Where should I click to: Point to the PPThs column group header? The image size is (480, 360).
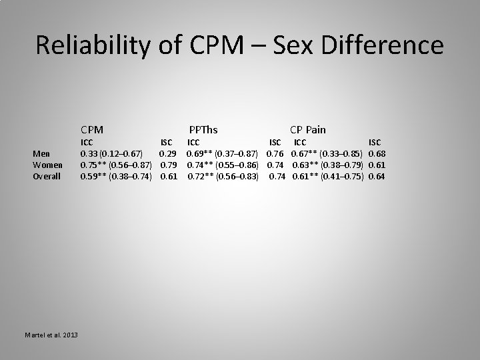click(x=203, y=129)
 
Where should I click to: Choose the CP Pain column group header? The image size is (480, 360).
click(x=307, y=129)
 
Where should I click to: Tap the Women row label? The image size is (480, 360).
click(x=48, y=165)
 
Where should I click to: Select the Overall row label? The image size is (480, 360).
click(x=47, y=176)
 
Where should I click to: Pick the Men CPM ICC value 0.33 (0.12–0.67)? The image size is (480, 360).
click(x=111, y=153)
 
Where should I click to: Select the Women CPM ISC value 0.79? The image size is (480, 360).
click(x=169, y=165)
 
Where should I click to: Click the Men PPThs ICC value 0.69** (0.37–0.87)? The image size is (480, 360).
click(x=222, y=153)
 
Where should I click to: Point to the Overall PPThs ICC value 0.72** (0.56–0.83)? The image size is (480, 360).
click(x=222, y=176)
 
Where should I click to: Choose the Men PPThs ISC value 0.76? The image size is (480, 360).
click(x=275, y=153)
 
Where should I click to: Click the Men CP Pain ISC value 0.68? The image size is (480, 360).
click(x=377, y=153)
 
